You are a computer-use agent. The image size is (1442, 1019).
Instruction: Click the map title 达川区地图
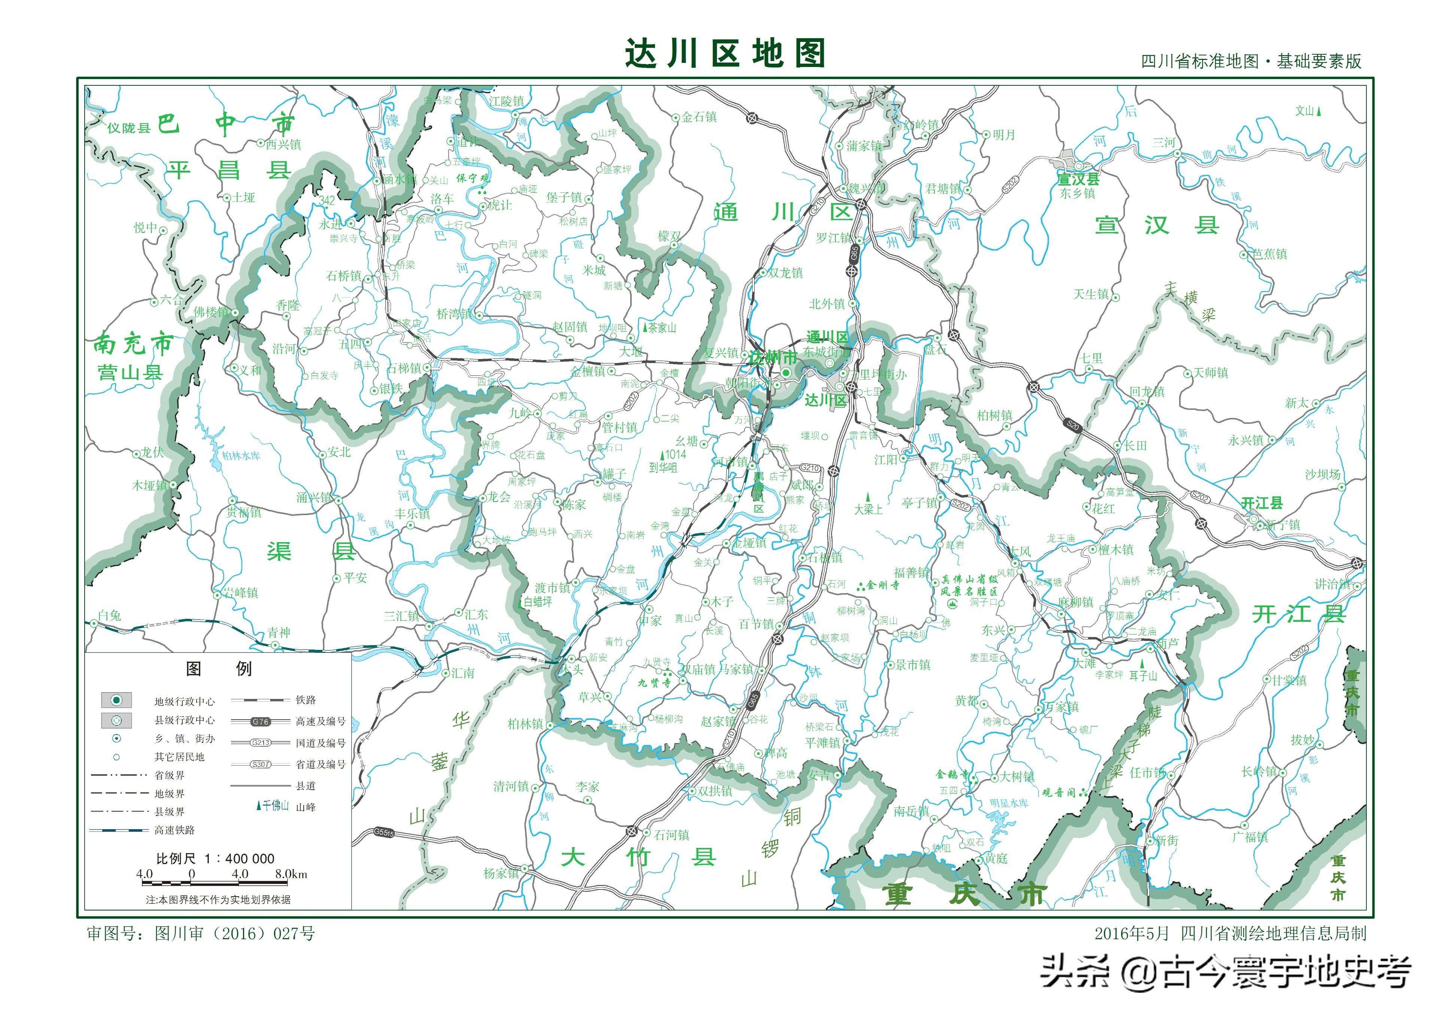[724, 54]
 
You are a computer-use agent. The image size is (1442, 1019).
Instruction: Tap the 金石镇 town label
[699, 117]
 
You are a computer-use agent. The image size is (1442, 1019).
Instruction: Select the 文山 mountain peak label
[1305, 111]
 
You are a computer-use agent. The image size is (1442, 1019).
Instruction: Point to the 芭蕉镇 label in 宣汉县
[1269, 254]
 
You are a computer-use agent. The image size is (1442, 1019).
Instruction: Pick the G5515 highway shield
[384, 833]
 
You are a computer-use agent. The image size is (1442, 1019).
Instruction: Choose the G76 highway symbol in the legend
[260, 721]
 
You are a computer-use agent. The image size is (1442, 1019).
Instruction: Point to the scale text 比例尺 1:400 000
[215, 858]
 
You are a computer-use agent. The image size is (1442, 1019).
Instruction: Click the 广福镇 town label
[1250, 837]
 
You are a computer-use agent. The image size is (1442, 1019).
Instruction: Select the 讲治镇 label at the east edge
[1333, 584]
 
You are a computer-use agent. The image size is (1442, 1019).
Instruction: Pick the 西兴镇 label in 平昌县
[283, 145]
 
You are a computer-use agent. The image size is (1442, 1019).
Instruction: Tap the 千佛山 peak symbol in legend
[273, 806]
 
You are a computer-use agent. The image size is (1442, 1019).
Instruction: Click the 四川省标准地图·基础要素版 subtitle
[1251, 61]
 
